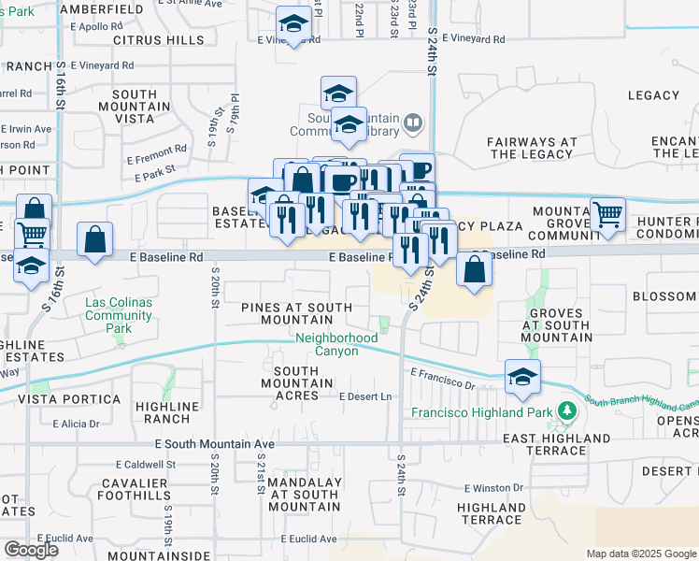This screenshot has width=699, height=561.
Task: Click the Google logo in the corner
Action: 31,550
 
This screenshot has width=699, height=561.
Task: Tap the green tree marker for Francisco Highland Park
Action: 564,410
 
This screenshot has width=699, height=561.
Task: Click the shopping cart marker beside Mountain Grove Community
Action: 607,214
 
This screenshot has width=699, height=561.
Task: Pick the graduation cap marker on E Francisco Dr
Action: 522,377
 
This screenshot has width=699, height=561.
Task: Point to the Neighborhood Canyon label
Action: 327,345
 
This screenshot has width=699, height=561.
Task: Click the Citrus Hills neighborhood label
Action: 158,40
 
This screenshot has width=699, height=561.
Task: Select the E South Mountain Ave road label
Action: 215,443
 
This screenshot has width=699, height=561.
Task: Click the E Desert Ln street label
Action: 365,396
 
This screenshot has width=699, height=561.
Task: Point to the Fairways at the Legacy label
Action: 532,148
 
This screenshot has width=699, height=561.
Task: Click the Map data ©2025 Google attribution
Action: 641,554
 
